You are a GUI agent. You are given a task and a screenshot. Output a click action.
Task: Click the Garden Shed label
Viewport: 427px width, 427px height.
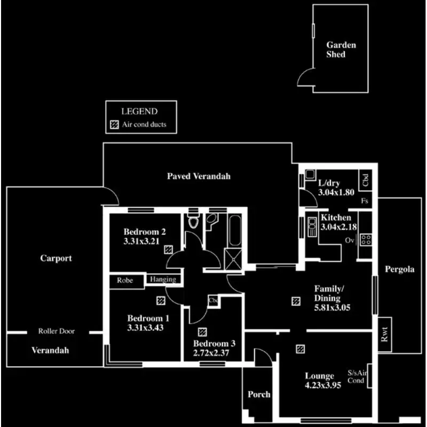click(x=341, y=50)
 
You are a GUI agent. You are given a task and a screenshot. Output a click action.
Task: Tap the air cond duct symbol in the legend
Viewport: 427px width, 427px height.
click(x=114, y=125)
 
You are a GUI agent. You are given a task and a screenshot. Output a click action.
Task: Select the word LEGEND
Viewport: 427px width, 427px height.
click(x=139, y=112)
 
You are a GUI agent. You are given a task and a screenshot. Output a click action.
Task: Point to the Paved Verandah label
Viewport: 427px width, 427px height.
click(x=199, y=176)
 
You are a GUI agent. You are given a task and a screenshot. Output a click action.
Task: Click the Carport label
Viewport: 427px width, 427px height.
click(x=56, y=258)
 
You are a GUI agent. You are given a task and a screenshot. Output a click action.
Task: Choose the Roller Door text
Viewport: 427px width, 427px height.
click(x=57, y=331)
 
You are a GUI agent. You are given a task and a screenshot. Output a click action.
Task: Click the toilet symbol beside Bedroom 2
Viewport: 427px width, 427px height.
click(x=193, y=221)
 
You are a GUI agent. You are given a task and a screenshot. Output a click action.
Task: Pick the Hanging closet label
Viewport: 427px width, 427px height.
click(x=163, y=279)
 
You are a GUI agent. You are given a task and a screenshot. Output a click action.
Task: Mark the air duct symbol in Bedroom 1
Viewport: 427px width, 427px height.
click(x=160, y=300)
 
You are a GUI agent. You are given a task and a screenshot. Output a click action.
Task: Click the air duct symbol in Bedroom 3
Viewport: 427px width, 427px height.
click(x=202, y=332)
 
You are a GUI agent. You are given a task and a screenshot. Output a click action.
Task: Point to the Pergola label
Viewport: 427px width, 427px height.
click(x=400, y=270)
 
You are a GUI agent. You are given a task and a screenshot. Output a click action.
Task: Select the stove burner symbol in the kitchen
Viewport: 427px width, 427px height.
click(x=366, y=240)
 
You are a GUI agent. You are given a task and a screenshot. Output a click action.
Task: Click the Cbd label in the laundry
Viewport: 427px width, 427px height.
click(x=366, y=180)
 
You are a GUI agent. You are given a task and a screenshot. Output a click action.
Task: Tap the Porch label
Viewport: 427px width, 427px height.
click(x=259, y=395)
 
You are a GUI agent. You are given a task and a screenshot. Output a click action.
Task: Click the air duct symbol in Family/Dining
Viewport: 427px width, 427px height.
click(x=296, y=301)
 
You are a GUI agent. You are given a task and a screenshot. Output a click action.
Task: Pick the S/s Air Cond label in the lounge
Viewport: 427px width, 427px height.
click(x=356, y=377)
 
